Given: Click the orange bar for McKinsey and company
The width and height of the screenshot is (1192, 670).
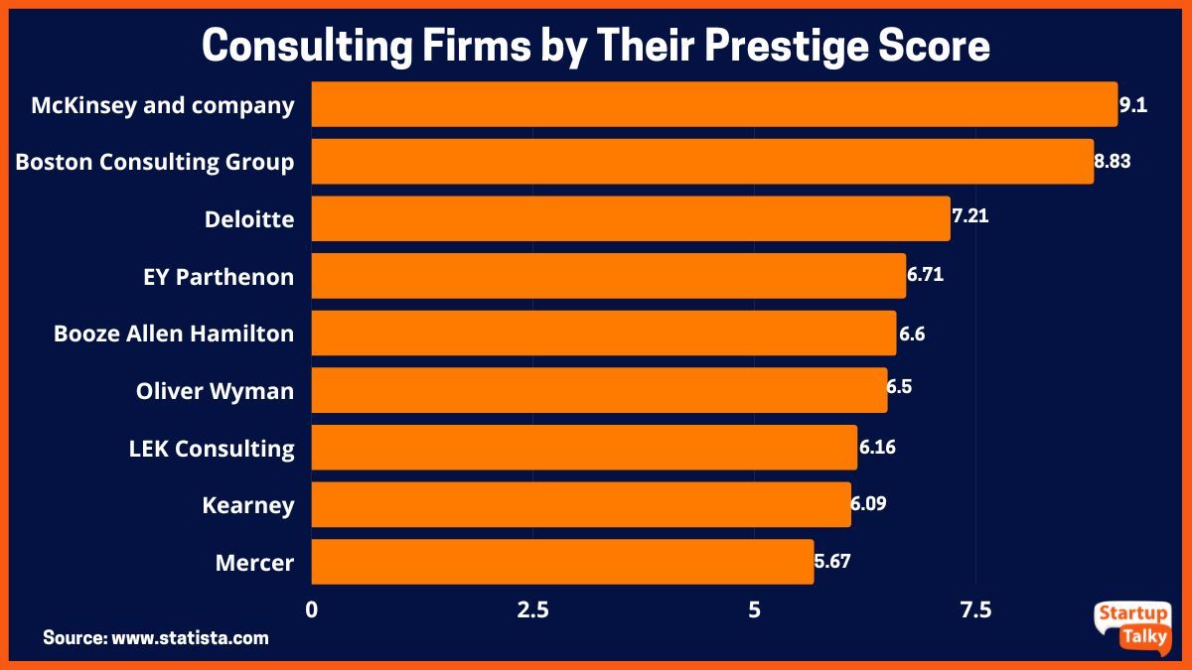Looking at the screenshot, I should tap(714, 104).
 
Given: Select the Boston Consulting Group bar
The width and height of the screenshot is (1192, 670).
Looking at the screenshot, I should tap(702, 162).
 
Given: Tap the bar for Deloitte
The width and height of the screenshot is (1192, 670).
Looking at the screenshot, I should tap(631, 218).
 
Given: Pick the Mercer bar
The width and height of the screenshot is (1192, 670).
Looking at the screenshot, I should tap(562, 562).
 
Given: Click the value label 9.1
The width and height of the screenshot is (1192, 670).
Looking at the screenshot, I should tap(1133, 104).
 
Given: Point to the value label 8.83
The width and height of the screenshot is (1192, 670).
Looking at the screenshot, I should tap(1114, 161).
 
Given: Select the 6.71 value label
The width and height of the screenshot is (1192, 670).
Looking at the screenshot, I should tap(925, 274).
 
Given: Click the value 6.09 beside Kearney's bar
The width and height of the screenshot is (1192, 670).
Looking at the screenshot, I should tap(869, 503).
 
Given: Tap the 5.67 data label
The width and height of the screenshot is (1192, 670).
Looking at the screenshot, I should tap(832, 561).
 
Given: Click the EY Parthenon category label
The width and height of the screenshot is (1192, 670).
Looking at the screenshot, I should tap(219, 277).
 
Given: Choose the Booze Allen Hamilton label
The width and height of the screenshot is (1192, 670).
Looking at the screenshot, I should tap(174, 334).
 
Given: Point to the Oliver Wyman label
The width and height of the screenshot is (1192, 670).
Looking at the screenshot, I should tap(215, 391).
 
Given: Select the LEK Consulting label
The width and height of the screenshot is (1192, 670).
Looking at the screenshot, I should tap(212, 449).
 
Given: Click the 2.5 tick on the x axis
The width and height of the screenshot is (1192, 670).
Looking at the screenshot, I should tap(532, 608).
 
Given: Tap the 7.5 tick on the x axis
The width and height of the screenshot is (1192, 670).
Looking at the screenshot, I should tap(975, 608).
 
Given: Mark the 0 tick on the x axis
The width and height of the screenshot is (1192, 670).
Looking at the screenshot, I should tap(312, 608).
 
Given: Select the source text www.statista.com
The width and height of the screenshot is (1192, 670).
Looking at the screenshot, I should tap(190, 637).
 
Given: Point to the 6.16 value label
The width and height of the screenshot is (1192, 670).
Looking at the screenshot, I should tap(877, 447).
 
